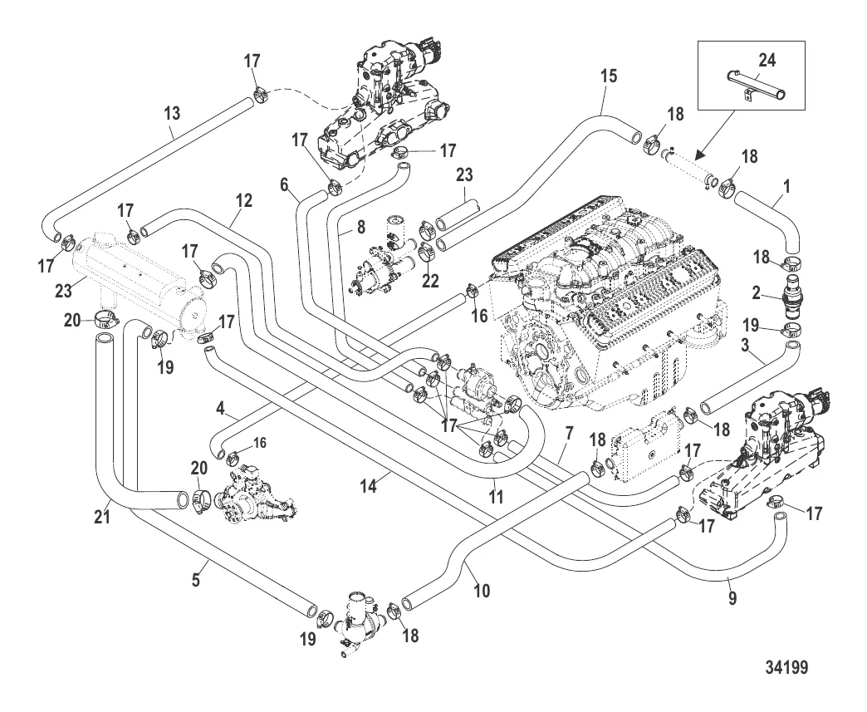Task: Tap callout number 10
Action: [x=482, y=591]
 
